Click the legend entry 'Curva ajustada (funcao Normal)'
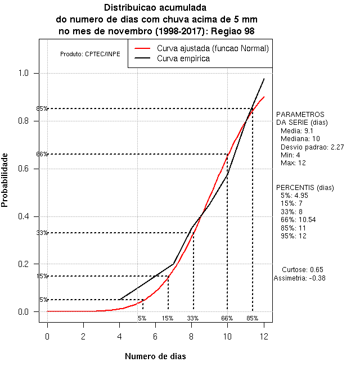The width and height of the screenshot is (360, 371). (213, 48)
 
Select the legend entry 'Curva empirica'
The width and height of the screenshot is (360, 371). (183, 58)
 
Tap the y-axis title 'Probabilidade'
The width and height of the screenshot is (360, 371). (5, 179)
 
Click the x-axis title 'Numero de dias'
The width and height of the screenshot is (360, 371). (155, 356)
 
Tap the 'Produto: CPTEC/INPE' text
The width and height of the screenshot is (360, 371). (90, 54)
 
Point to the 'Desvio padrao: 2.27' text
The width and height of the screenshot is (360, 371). (304, 147)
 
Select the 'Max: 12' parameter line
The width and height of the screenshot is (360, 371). (293, 163)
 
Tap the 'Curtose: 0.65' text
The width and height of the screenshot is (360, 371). (303, 269)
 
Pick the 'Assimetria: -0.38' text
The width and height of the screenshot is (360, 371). (300, 278)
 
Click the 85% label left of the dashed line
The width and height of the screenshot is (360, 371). (42, 108)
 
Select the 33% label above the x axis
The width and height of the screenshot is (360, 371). (193, 318)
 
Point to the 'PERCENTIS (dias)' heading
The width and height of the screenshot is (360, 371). (304, 187)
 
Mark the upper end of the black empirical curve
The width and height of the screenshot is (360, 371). (264, 79)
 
